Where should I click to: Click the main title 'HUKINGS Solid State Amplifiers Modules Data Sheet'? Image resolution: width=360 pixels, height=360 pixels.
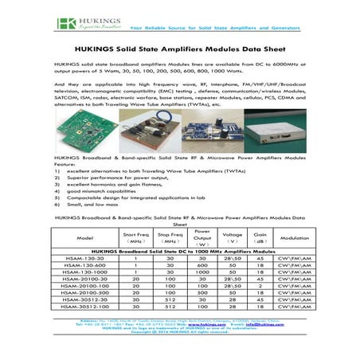tap(180, 48)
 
